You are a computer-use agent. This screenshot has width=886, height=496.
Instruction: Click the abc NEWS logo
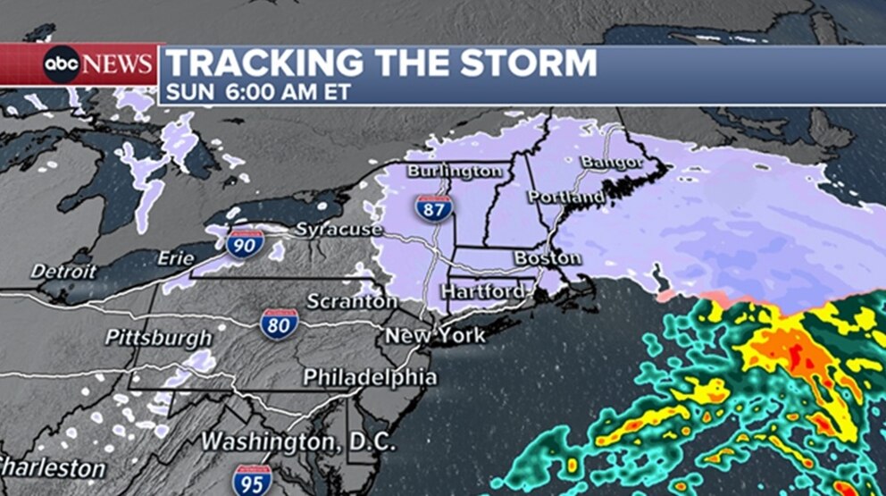pyautogui.click(x=98, y=64)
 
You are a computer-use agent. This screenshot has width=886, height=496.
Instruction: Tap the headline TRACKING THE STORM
pyautogui.click(x=381, y=63)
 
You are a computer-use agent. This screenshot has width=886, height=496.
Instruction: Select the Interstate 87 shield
pyautogui.click(x=433, y=207)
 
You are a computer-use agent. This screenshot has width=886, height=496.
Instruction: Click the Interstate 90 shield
pyautogui.click(x=244, y=243)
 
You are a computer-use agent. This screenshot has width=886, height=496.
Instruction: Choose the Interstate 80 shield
pyautogui.click(x=279, y=324)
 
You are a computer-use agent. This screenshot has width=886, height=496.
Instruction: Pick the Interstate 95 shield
pyautogui.click(x=253, y=480)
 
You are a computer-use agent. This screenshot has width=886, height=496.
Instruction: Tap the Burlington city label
pyautogui.click(x=455, y=170)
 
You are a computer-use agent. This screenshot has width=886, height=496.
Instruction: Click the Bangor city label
pyautogui.click(x=612, y=163)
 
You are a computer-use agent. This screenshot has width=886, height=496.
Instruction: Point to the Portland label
pyautogui.click(x=565, y=197)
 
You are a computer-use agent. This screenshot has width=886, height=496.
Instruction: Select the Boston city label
pyautogui.click(x=547, y=258)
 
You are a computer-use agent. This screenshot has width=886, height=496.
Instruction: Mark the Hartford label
pyautogui.click(x=483, y=292)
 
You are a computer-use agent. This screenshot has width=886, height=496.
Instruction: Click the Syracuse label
pyautogui.click(x=339, y=230)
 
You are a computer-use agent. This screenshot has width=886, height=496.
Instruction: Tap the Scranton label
pyautogui.click(x=352, y=302)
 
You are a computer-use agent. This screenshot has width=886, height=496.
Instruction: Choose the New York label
pyautogui.click(x=435, y=336)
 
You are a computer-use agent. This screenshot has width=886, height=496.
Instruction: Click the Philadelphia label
pyautogui.click(x=370, y=377)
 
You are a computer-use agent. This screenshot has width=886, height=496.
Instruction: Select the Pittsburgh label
pyautogui.click(x=159, y=338)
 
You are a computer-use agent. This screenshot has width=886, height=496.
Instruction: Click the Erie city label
pyautogui.click(x=175, y=258)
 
